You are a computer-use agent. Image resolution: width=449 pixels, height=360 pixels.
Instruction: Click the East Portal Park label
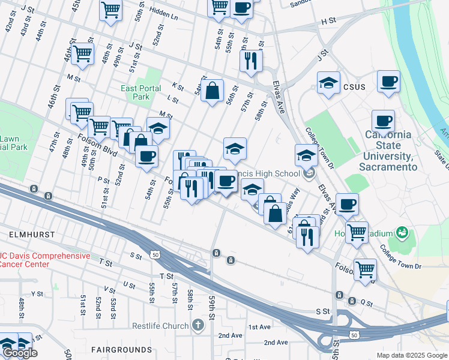pyautogui.click(x=140, y=92)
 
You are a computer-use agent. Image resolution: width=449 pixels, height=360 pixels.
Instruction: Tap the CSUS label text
pyautogui.click(x=354, y=86)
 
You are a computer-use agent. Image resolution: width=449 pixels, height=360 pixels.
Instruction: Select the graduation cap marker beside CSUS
pyautogui.click(x=328, y=83)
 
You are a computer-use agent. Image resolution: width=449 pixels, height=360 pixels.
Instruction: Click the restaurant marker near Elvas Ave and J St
pyautogui.click(x=250, y=61)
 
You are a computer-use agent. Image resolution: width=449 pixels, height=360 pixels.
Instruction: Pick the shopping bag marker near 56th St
pyautogui.click(x=212, y=91)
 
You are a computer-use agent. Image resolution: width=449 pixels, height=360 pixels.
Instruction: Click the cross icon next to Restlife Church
pyautogui.click(x=199, y=325)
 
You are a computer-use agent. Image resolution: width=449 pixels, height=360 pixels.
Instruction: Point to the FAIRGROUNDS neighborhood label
pyautogui.click(x=122, y=349)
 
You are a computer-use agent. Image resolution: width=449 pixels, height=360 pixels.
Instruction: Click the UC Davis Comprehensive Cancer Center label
pyautogui.click(x=44, y=260)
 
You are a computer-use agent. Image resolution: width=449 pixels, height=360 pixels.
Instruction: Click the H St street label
pyautogui.click(x=328, y=21)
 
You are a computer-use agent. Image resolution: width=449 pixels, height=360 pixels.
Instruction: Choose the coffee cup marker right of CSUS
pyautogui.click(x=388, y=81)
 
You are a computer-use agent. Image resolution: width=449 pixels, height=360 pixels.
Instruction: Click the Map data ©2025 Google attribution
pyautogui.click(x=412, y=355)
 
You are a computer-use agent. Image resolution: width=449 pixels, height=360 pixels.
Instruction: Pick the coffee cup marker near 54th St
pyautogui.click(x=146, y=157)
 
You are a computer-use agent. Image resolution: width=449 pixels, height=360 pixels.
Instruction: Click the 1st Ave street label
pyautogui.click(x=260, y=327)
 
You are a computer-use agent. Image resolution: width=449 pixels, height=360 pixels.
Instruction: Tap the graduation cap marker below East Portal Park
pyautogui.click(x=158, y=128)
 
